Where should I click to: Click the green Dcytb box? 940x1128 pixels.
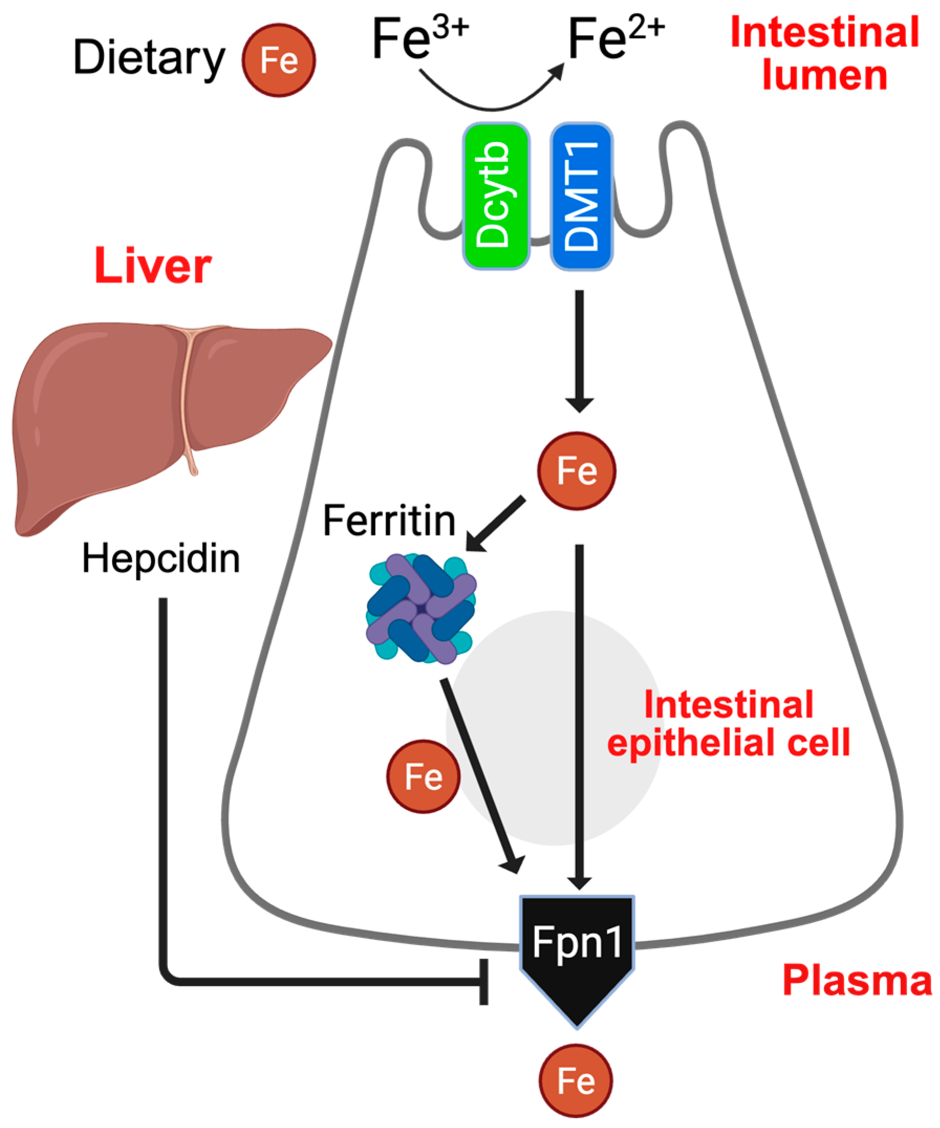coord(496,196)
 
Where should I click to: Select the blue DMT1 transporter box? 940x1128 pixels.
coord(581,196)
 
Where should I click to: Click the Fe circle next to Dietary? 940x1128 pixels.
coord(279,60)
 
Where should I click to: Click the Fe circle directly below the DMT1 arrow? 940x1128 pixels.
coord(576,471)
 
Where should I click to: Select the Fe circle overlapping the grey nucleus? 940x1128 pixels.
coord(423,776)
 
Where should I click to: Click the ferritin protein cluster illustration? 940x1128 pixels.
coord(421,609)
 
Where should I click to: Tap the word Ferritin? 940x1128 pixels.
coord(389,520)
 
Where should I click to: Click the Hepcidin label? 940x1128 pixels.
coord(161,559)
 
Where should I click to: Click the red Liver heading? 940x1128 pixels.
coord(153,266)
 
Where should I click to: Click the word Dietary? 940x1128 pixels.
coord(149,58)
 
